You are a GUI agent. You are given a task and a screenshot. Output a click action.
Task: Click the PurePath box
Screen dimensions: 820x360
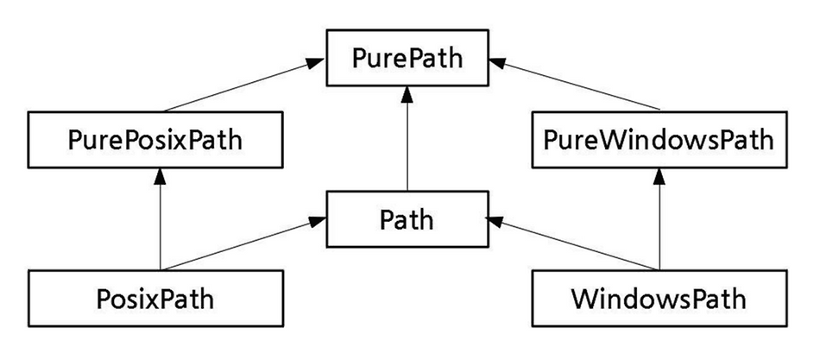tap(407, 58)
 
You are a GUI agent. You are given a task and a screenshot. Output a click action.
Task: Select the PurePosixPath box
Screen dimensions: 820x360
tap(155, 140)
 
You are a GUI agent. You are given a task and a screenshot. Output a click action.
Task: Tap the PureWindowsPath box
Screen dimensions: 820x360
tap(659, 140)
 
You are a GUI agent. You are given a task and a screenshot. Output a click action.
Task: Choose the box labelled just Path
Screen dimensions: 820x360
tap(407, 219)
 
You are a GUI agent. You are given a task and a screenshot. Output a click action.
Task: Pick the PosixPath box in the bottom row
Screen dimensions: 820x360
tap(155, 299)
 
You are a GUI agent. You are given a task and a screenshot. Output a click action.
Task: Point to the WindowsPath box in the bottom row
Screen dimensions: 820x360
tap(659, 299)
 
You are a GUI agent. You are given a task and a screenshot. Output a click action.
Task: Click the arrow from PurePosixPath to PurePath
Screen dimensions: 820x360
tap(244, 85)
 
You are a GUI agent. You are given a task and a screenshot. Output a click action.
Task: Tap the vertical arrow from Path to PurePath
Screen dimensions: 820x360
tap(407, 139)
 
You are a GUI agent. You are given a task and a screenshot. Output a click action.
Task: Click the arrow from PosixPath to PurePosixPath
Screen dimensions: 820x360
tap(160, 219)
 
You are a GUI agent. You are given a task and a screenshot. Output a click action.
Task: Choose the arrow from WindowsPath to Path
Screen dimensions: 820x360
tap(572, 243)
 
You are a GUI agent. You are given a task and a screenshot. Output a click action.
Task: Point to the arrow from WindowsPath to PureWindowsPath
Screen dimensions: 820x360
tap(659, 219)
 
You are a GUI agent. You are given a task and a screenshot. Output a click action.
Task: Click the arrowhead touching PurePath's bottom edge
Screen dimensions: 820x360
tap(407, 93)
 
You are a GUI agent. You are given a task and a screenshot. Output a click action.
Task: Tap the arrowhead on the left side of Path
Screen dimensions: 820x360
tap(318, 221)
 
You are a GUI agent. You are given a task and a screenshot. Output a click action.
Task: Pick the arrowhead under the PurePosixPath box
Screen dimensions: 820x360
tap(160, 176)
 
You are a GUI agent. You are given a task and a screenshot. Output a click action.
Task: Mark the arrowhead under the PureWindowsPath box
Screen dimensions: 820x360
tap(659, 176)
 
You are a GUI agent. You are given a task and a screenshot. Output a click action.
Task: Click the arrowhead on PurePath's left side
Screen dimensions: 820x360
tap(317, 62)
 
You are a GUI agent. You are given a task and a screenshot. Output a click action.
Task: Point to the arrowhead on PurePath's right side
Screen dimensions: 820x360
tap(498, 62)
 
